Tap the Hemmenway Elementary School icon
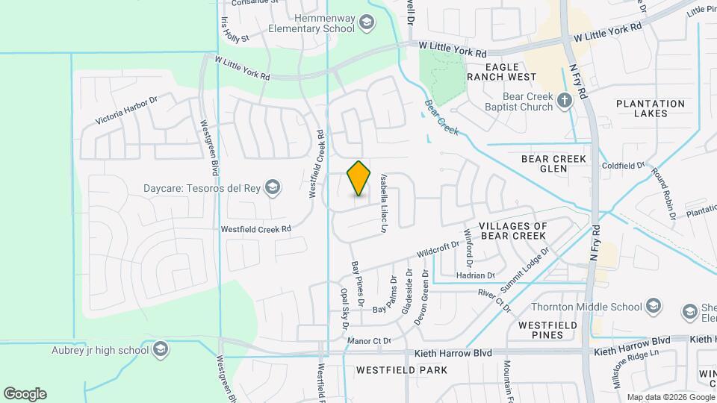pos(366,23)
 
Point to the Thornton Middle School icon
pos(654,306)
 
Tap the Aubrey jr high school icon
pos(161,349)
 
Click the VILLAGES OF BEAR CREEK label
pos(513,231)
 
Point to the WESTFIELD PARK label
pos(402,370)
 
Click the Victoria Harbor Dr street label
pos(127,110)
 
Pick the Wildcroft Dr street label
pos(438,249)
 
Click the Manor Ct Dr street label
pos(370,342)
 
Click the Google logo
pos(25,394)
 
